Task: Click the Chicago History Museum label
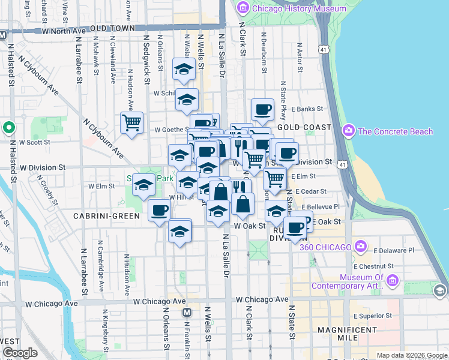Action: click(x=299, y=8)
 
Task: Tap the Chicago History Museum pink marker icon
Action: click(x=243, y=8)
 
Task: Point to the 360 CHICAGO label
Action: click(x=325, y=247)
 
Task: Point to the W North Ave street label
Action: click(x=64, y=30)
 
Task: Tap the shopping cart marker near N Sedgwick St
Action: click(x=131, y=123)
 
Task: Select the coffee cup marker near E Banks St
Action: click(x=262, y=110)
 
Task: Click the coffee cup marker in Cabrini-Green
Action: click(x=160, y=211)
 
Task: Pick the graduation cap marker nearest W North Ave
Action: click(x=184, y=70)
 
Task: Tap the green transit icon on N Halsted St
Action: click(x=9, y=128)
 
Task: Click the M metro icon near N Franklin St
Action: click(x=187, y=312)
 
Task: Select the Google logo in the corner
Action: click(x=20, y=353)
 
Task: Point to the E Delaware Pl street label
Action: click(x=393, y=250)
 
